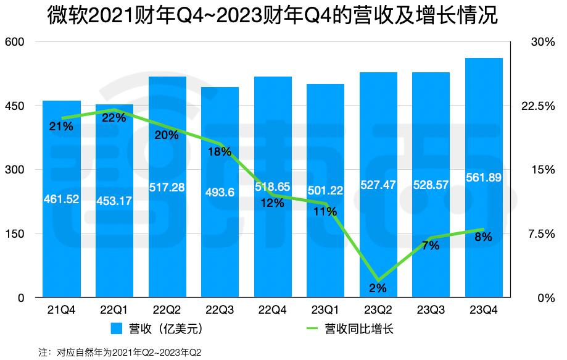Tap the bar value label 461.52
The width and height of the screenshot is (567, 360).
(62, 199)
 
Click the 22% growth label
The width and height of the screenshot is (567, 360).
(114, 118)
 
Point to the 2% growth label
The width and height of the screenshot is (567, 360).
(378, 287)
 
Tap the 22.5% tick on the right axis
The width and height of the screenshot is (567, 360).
(538, 106)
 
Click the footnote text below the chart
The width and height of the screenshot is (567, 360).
(120, 353)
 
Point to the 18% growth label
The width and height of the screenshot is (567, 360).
(220, 151)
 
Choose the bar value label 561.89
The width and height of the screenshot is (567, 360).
(484, 178)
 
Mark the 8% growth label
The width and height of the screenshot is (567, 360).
(484, 237)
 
